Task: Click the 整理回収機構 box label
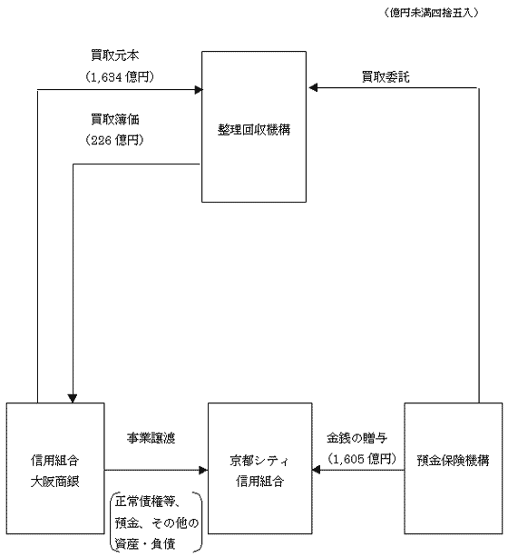click(x=254, y=130)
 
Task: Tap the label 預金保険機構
click(x=453, y=461)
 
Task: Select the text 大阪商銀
click(x=55, y=482)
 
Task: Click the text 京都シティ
click(x=259, y=461)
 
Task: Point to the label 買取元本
click(x=115, y=55)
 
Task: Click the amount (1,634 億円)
click(x=120, y=76)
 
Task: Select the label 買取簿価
click(x=115, y=119)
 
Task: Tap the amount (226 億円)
click(x=114, y=140)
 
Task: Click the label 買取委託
click(x=386, y=76)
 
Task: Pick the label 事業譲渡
click(x=151, y=438)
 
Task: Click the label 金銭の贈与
click(x=357, y=438)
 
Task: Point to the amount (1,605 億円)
click(x=361, y=459)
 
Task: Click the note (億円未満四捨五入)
click(x=431, y=13)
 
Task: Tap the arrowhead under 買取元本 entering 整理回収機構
click(x=199, y=90)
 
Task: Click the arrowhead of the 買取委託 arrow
click(x=313, y=87)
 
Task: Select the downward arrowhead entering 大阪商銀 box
click(x=73, y=399)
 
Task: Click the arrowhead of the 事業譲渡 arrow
click(x=203, y=471)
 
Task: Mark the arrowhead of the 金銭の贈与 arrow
click(x=316, y=471)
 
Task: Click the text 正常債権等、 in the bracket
click(x=149, y=502)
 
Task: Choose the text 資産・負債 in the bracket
click(x=145, y=544)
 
